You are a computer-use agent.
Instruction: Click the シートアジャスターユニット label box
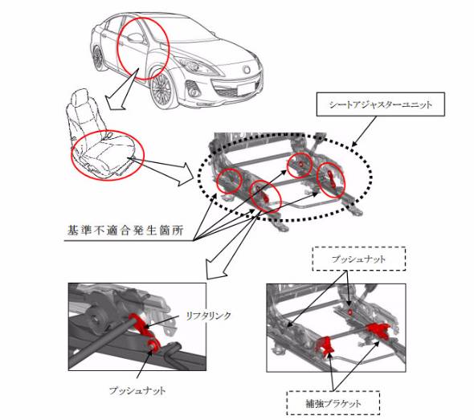click(380, 104)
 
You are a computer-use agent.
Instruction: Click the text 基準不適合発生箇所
click(125, 230)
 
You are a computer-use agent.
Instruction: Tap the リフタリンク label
click(208, 316)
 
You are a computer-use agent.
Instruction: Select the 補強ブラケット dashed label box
click(333, 403)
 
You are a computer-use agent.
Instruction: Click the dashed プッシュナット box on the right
click(359, 259)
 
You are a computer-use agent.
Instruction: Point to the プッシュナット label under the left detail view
click(137, 391)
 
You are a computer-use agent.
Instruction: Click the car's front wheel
click(162, 88)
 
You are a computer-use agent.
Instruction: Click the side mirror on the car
click(134, 38)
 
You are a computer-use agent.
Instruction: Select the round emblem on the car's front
click(247, 69)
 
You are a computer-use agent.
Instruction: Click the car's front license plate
click(247, 89)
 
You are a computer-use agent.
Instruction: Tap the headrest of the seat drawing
click(78, 97)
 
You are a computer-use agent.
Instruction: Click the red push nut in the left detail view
click(154, 345)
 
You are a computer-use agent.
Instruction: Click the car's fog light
click(194, 90)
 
